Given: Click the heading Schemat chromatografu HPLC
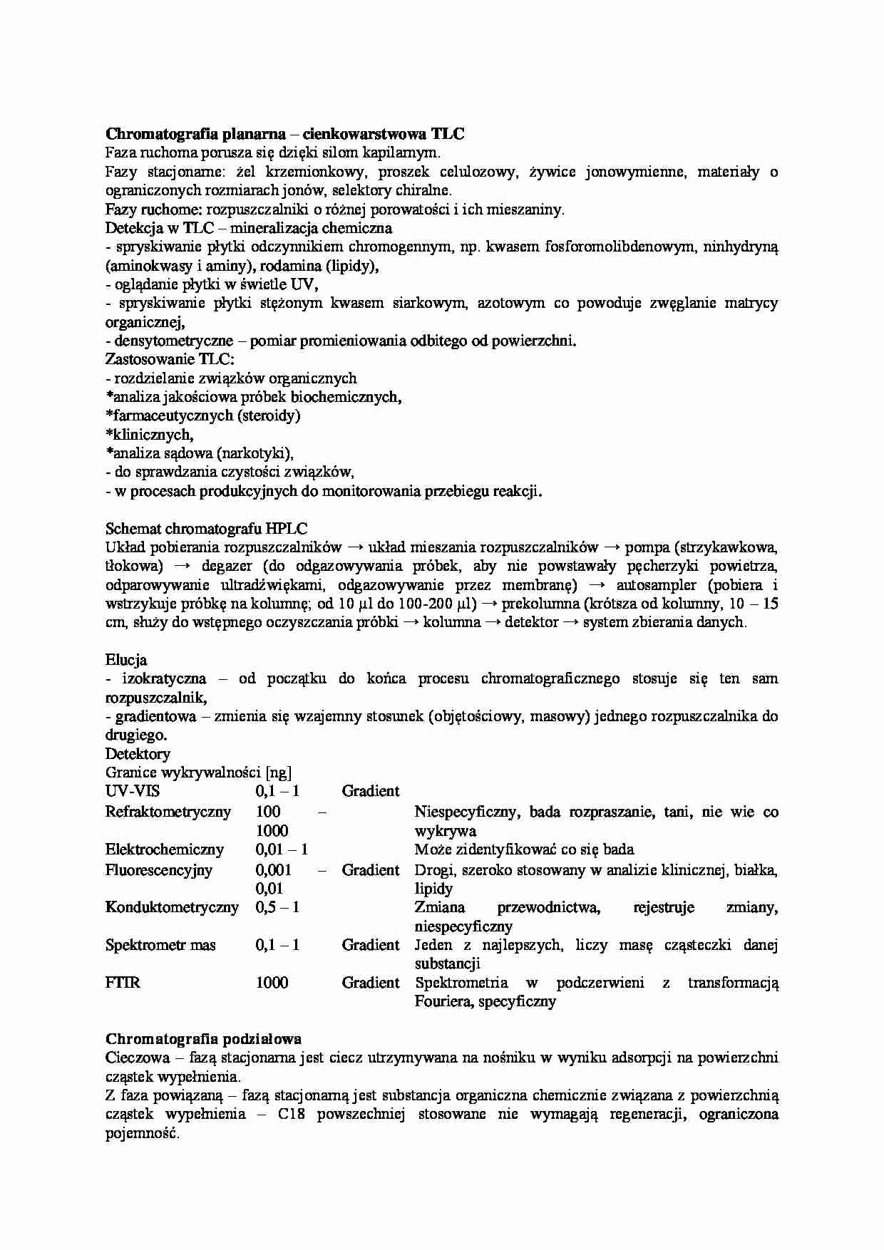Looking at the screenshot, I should click(206, 529).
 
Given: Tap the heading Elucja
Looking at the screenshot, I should click(126, 660).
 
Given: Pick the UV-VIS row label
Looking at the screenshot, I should click(133, 791).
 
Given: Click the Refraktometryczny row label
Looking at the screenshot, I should click(168, 812).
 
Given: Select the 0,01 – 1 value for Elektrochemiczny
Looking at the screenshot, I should click(282, 849).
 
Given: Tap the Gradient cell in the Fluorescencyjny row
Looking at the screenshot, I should click(371, 870).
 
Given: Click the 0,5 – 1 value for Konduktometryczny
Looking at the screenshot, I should click(277, 907).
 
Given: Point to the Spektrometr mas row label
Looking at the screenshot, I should click(160, 945).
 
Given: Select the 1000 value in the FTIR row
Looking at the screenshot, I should click(272, 983).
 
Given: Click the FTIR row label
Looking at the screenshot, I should click(123, 983).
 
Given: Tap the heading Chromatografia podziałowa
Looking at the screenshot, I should click(203, 1039).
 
